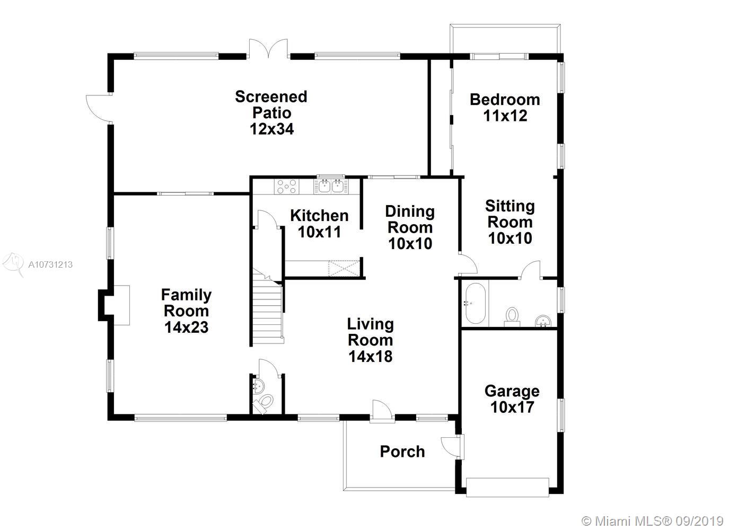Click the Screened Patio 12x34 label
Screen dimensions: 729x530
click(x=271, y=113)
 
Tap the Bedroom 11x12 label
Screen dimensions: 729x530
click(x=505, y=108)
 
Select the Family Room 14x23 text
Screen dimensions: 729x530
click(x=186, y=311)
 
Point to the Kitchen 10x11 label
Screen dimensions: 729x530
click(x=319, y=224)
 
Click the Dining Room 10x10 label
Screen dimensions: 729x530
click(x=410, y=227)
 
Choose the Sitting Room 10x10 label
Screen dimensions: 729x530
click(x=510, y=222)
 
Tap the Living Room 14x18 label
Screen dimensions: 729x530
click(x=371, y=340)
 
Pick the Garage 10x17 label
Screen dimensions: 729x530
click(x=512, y=399)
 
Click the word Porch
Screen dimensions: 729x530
click(x=402, y=452)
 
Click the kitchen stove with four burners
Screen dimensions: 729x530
click(x=286, y=187)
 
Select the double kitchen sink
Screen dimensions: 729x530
click(x=331, y=187)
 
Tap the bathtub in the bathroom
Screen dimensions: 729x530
click(x=475, y=304)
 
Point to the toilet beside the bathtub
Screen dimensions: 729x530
click(x=512, y=317)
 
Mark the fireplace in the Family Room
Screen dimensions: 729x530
click(x=114, y=305)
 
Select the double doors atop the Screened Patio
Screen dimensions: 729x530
click(x=268, y=49)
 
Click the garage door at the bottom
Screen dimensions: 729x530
click(x=507, y=487)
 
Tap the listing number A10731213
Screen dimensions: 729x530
click(x=50, y=264)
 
